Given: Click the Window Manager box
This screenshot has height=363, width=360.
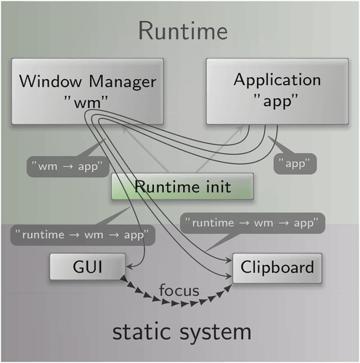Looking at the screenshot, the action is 88,91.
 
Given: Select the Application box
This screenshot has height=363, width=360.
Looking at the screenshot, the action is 277,91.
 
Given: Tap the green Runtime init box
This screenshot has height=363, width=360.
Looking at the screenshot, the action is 182,187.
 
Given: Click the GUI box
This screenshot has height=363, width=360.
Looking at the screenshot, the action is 88,266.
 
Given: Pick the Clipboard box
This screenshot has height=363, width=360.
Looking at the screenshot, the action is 277,268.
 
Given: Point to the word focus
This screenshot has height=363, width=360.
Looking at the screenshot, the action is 179,290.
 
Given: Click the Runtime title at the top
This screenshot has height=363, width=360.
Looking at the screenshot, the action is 183,30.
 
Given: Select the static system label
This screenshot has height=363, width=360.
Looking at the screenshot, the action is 181,333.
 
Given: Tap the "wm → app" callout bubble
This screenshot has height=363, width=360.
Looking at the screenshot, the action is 67,167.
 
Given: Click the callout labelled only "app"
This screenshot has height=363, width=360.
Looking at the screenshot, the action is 295,163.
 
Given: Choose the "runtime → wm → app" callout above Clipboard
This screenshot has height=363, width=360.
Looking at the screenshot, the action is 253,223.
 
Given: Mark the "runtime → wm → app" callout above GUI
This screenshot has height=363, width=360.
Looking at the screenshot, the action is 83,235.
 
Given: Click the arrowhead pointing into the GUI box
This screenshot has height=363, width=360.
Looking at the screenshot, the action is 129,267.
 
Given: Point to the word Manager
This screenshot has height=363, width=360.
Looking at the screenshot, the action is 123,82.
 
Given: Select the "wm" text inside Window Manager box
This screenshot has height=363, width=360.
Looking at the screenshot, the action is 86,102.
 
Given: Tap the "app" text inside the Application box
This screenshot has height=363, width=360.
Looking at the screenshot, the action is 276,101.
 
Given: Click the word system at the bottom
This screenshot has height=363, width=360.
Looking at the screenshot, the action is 216,333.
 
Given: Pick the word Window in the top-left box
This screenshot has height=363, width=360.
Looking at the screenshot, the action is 50,81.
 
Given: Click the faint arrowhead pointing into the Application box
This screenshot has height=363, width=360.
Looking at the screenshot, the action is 240,129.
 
